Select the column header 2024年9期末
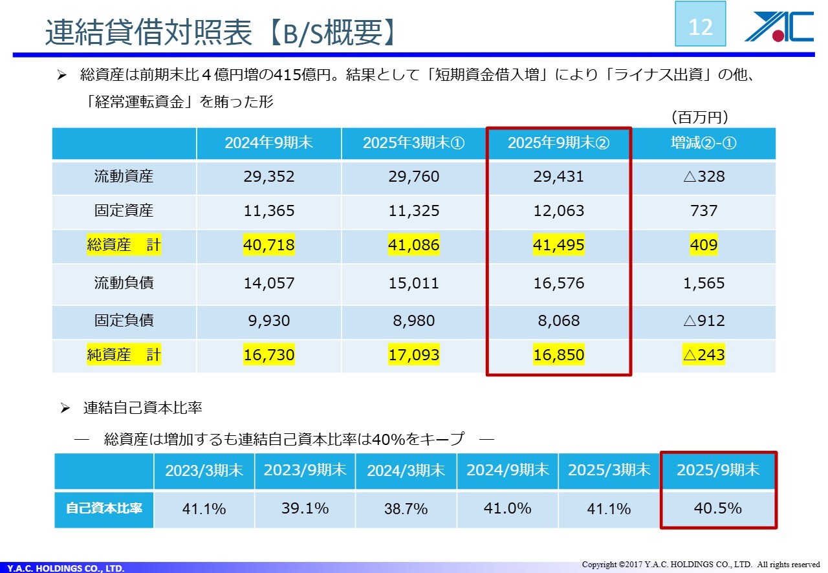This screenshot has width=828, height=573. [268, 143]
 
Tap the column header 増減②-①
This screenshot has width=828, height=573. [703, 143]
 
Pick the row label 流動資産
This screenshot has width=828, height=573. [124, 177]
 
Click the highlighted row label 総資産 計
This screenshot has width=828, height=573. [124, 245]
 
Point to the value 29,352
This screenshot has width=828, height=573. [268, 177]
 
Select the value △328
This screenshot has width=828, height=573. [703, 177]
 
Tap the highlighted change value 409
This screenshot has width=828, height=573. [703, 245]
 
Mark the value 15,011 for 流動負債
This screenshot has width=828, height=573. [413, 283]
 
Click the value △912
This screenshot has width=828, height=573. [703, 321]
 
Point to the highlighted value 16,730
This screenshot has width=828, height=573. [268, 355]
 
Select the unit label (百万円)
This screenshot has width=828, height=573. [701, 117]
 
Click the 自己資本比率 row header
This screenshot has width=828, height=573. [103, 508]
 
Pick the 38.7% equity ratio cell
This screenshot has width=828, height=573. [406, 509]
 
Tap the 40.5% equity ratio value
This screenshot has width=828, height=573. [717, 508]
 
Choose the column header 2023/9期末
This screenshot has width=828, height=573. [305, 470]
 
